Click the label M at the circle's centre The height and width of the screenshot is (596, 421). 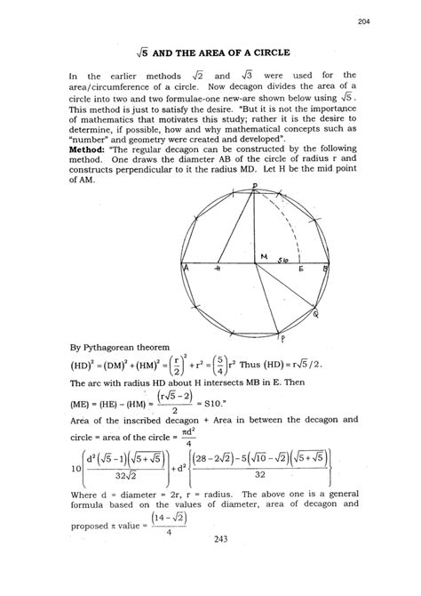tap(265, 257)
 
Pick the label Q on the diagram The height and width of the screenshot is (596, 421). tap(317, 313)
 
